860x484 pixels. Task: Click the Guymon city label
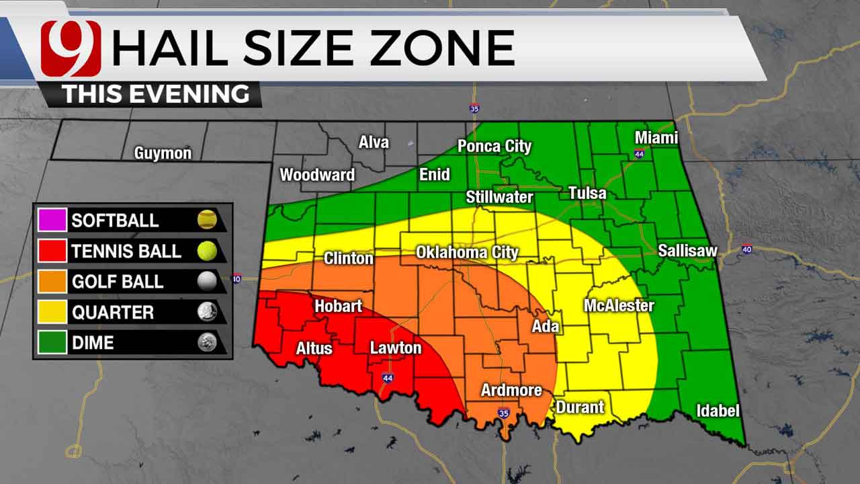point(163,153)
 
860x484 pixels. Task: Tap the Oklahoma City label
point(467,253)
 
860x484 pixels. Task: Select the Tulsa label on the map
point(587,194)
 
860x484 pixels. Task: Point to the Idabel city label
point(718,411)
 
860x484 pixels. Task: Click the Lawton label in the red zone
point(396,348)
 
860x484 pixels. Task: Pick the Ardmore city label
point(511,391)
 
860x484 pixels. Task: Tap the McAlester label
point(619,306)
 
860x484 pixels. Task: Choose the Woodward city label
point(317,175)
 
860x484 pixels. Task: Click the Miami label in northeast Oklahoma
point(656,138)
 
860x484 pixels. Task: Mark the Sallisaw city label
point(687,251)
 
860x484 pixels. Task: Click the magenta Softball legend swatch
point(54,220)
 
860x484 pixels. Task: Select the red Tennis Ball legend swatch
point(54,251)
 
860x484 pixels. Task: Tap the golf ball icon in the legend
point(207,282)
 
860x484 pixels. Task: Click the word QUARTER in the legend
point(113,313)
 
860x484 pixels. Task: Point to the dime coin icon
point(207,343)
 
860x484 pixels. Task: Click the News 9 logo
point(71,48)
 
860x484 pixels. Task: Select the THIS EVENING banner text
point(155,94)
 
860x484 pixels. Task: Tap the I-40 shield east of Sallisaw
point(747,249)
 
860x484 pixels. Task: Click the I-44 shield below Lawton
point(388,378)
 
